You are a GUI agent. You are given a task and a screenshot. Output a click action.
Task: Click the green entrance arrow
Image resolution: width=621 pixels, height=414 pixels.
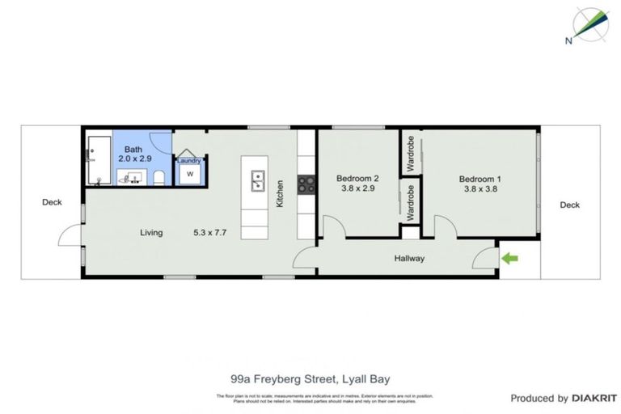click(509, 259)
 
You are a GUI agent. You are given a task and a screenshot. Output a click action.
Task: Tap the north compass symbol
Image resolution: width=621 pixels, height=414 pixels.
click(589, 26)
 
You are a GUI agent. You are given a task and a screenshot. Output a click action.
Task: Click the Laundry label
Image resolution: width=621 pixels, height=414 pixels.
click(189, 161)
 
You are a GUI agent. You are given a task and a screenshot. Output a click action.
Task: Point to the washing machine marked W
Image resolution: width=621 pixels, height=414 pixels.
click(190, 175)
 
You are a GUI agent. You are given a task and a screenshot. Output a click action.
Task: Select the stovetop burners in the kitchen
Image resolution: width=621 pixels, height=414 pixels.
click(306, 184)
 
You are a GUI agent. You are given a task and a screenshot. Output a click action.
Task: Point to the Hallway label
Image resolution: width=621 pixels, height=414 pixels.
click(409, 259)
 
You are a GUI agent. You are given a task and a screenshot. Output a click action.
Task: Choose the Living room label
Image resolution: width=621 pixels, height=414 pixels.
click(151, 233)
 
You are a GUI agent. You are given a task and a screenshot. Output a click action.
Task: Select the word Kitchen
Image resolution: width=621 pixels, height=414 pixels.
click(281, 193)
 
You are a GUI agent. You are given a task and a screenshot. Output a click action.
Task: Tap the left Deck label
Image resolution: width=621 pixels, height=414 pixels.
click(52, 203)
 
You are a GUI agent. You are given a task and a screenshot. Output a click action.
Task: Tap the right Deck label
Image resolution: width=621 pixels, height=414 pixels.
click(569, 205)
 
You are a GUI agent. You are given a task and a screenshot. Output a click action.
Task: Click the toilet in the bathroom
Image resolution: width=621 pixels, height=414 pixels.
click(159, 177)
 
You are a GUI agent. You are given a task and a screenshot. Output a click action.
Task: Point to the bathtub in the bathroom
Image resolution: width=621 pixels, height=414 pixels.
click(99, 160)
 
